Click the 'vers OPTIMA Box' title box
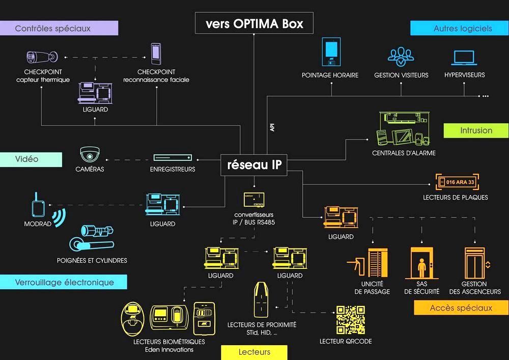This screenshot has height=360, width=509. [254, 24]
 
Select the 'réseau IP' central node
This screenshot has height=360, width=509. [254, 165]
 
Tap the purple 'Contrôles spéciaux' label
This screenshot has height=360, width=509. [59, 28]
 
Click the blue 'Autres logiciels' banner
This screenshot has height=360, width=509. [460, 28]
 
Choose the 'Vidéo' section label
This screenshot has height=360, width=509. [31, 159]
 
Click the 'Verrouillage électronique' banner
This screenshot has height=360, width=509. [63, 282]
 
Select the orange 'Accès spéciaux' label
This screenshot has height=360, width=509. [461, 308]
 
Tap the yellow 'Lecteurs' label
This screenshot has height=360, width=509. [254, 352]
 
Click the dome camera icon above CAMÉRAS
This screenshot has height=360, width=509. [90, 154]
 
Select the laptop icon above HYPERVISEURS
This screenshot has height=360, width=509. [464, 58]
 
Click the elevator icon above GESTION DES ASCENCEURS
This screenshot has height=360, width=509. [474, 263]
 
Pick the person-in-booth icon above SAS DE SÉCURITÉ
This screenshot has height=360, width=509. [421, 263]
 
